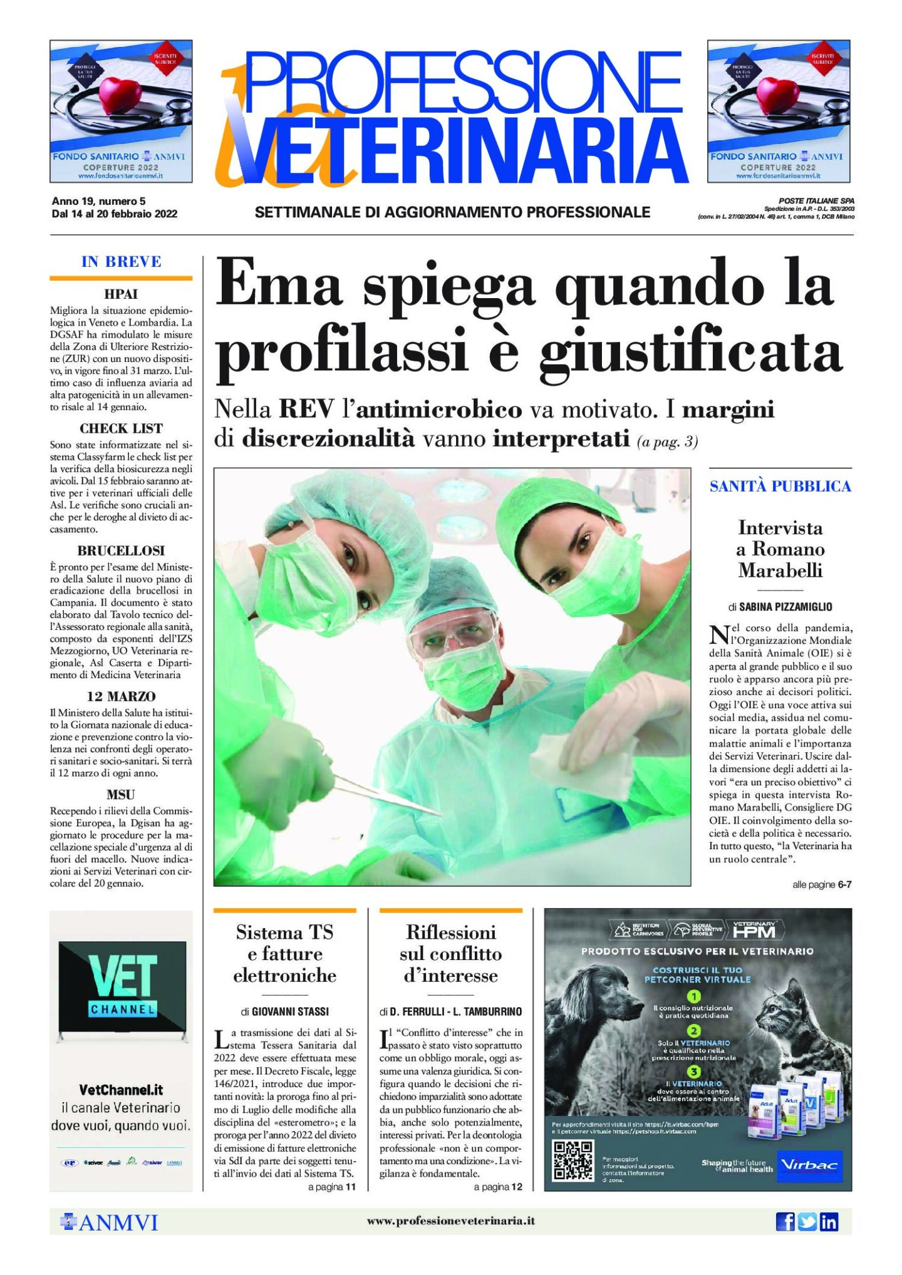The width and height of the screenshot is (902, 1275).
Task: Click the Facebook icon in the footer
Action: click(785, 1221)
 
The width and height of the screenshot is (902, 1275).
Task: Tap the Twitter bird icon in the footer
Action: click(807, 1221)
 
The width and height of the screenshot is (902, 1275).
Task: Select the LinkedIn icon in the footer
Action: click(829, 1221)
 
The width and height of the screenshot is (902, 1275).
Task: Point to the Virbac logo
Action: click(809, 1166)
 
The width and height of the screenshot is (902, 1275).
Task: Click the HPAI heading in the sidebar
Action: click(121, 294)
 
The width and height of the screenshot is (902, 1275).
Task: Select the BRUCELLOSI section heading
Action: click(121, 550)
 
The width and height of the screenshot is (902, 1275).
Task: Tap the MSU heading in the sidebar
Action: click(121, 795)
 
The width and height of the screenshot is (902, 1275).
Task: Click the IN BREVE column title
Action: click(121, 262)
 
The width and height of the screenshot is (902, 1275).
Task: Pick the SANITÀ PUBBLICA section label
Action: click(780, 486)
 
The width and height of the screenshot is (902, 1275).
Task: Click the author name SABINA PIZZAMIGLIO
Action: click(785, 606)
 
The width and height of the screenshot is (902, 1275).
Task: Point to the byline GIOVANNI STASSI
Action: click(290, 1011)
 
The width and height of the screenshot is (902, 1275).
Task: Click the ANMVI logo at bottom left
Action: click(110, 1222)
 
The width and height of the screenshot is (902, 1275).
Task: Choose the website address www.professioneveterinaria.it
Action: click(450, 1221)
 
